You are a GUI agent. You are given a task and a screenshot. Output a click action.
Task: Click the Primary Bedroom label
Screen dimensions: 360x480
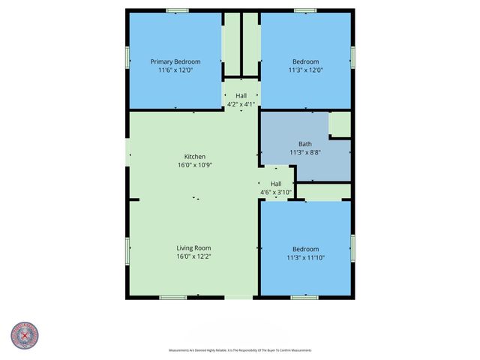tap(175, 61)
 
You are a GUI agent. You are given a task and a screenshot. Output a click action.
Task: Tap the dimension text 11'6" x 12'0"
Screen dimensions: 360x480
tap(175, 70)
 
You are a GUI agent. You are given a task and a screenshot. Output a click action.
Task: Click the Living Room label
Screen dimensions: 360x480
tap(193, 248)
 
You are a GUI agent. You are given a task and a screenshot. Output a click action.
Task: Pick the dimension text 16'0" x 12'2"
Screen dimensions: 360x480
tap(193, 257)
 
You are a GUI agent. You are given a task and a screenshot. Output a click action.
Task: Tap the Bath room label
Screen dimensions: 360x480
tap(305, 144)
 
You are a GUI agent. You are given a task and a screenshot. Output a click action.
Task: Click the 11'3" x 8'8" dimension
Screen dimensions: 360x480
tap(305, 152)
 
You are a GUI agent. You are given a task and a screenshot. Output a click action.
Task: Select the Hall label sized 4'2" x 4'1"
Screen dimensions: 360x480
tap(241, 96)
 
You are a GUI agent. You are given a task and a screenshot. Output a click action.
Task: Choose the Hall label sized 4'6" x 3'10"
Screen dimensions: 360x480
tap(276, 184)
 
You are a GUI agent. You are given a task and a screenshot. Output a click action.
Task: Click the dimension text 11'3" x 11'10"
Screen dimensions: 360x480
tap(305, 258)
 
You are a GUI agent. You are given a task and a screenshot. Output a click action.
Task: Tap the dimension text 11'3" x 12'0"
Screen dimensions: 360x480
tap(305, 70)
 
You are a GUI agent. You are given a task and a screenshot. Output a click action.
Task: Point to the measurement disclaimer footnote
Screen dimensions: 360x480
tap(239, 350)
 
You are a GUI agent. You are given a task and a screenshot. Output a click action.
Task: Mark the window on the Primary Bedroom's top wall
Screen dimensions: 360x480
tap(177, 10)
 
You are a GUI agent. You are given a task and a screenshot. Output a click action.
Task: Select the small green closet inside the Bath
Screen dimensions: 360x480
tap(340, 124)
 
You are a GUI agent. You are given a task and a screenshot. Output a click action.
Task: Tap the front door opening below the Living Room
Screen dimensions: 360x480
tap(238, 298)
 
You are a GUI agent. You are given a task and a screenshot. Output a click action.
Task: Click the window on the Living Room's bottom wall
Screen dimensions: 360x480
tap(172, 298)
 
